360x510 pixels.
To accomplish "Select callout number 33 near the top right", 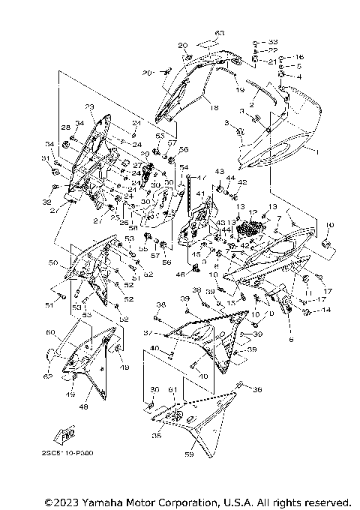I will point(272,41).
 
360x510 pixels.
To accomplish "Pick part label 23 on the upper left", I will point(89,106).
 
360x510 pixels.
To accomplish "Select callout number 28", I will point(64,127).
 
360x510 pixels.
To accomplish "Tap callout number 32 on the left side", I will point(46,202).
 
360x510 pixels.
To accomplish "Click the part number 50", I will point(52,263).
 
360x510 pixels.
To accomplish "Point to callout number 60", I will point(50,332).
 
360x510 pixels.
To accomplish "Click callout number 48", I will point(84,407).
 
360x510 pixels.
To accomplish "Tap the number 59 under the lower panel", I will point(188,454).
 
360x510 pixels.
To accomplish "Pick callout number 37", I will point(148,333).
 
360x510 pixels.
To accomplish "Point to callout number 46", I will point(180,275).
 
